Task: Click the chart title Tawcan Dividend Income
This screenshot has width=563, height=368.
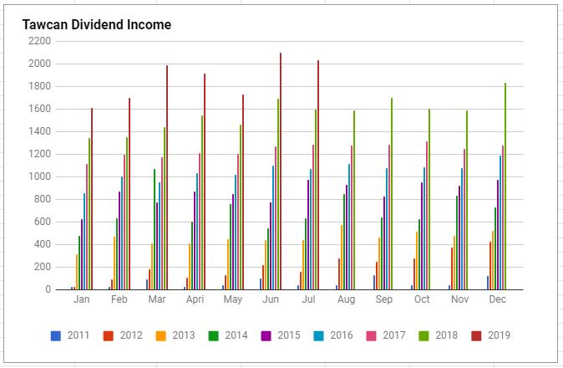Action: pyautogui.click(x=97, y=25)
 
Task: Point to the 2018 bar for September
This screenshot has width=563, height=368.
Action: pyautogui.click(x=391, y=193)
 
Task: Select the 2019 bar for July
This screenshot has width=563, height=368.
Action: pyautogui.click(x=318, y=175)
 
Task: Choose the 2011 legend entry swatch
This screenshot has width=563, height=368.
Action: pyautogui.click(x=55, y=335)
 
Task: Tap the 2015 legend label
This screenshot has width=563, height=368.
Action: pyautogui.click(x=287, y=335)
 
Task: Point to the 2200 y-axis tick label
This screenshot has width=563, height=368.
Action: pyautogui.click(x=39, y=41)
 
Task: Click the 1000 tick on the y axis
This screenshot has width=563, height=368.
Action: pyautogui.click(x=39, y=176)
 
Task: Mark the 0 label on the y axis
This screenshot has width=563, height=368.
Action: pyautogui.click(x=48, y=289)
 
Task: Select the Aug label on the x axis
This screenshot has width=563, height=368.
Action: pyautogui.click(x=347, y=299)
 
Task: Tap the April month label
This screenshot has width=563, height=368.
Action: pyautogui.click(x=194, y=299)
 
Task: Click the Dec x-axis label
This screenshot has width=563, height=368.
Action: pyautogui.click(x=499, y=299)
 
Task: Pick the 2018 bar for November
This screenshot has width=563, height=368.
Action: pyautogui.click(x=467, y=200)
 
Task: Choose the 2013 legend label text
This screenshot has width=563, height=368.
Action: pyautogui.click(x=184, y=335)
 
